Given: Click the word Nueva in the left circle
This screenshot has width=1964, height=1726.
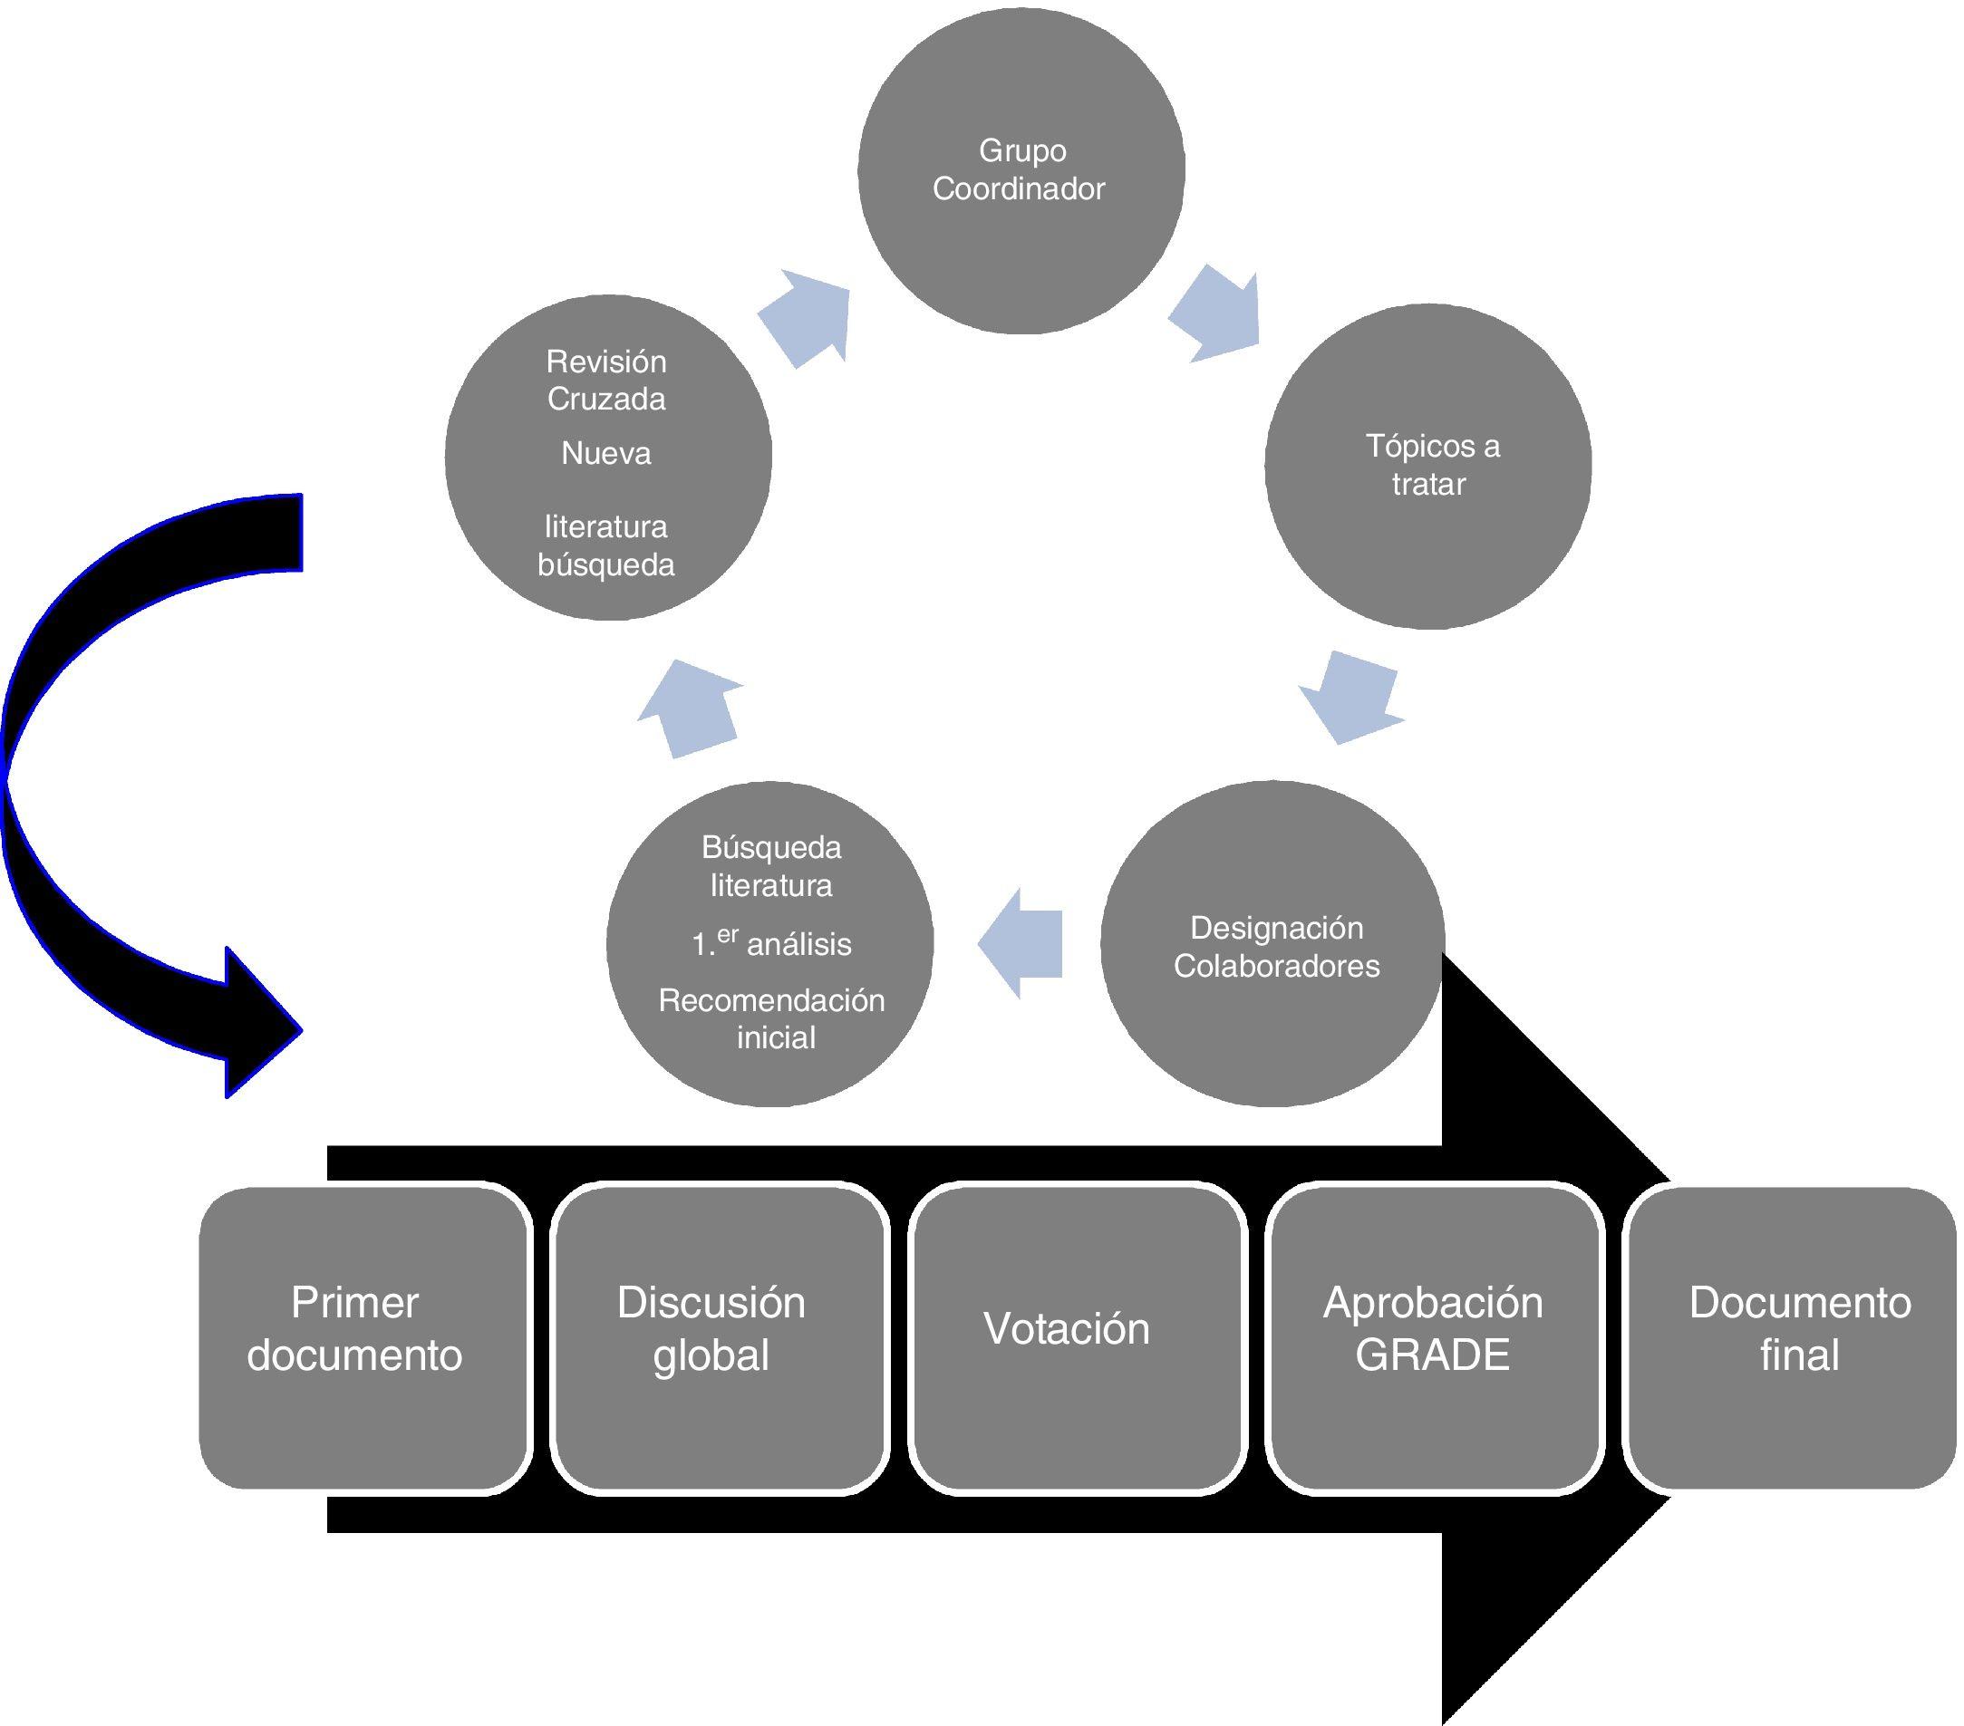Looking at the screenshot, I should (606, 453).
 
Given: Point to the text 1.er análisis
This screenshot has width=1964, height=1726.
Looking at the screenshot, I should (771, 943).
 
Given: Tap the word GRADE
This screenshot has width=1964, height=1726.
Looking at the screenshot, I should (1433, 1355).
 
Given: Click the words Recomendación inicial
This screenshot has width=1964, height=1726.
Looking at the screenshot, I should (772, 1019).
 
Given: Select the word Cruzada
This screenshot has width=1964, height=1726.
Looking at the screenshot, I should (606, 399).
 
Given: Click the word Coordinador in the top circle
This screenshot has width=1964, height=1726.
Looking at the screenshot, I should (1019, 189).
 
